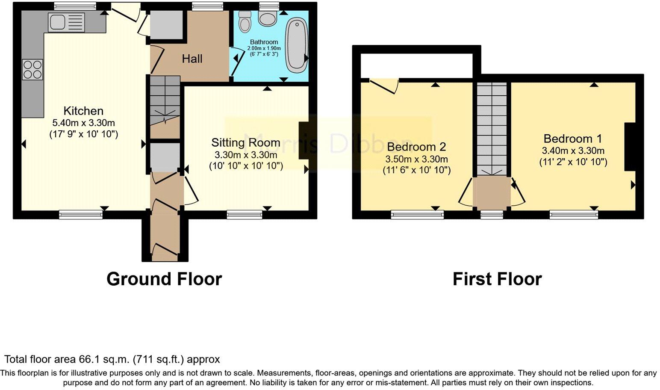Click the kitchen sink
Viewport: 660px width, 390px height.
67,22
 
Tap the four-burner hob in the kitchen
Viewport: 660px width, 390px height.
32,69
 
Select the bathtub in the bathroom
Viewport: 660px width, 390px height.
296,45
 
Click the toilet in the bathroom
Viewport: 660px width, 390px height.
245,21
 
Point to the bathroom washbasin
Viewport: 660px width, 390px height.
268,18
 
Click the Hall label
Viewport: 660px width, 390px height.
192,59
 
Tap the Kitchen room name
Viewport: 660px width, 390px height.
83,111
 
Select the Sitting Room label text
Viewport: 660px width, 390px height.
246,142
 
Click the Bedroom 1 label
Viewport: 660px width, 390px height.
573,139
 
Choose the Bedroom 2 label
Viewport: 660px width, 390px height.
416,147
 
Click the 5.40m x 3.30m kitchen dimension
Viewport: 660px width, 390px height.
83,123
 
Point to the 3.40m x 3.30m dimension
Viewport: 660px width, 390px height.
573,151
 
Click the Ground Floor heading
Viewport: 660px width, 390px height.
164,279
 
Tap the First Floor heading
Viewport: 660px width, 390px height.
497,279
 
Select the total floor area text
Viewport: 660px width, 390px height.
112,359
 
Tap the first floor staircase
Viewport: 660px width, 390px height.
492,128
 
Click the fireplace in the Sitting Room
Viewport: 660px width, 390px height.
303,141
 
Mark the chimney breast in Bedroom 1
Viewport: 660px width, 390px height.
630,147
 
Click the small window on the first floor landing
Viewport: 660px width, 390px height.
492,214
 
